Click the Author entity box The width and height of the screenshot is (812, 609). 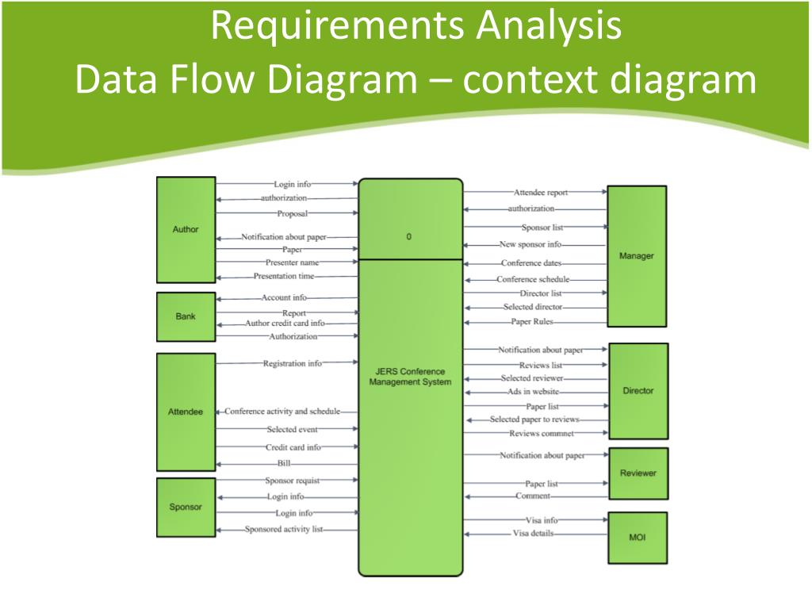tap(186, 230)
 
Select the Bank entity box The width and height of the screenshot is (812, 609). tap(186, 316)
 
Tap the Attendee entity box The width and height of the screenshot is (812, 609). tap(186, 412)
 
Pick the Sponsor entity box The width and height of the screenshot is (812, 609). tap(186, 507)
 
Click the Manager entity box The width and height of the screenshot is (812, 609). tap(636, 256)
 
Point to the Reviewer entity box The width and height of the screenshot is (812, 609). tap(638, 473)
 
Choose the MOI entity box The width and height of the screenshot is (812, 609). tap(637, 538)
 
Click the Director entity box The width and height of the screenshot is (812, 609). tap(638, 391)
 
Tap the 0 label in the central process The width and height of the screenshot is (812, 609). tap(409, 236)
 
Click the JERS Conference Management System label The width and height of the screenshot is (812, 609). tap(410, 377)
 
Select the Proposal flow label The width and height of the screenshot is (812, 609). tap(292, 213)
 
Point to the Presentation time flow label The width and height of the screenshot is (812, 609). tap(284, 276)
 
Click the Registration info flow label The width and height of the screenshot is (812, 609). tap(293, 363)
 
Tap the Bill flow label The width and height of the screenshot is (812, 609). tap(284, 463)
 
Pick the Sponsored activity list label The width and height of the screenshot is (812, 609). tap(285, 529)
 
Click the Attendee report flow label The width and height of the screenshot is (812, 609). tap(541, 192)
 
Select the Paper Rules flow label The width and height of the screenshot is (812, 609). tap(532, 322)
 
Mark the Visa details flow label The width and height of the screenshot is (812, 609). tap(533, 534)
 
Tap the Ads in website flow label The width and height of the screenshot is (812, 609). tap(534, 392)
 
